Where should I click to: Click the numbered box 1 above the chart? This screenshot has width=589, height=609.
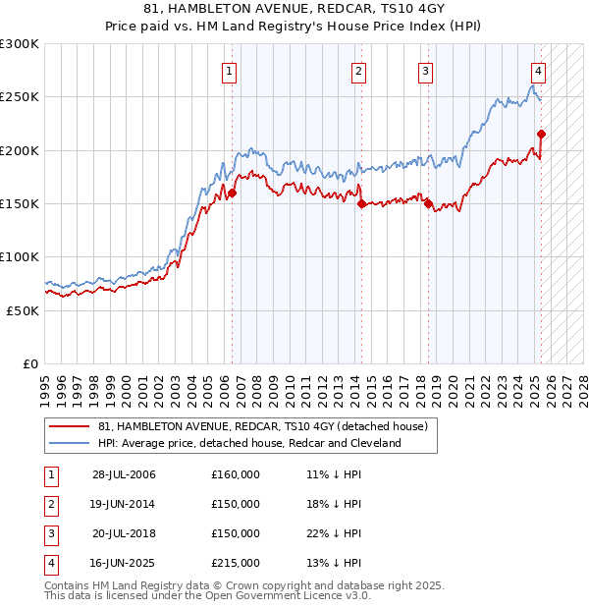click(229, 71)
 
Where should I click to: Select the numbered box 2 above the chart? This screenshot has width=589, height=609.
click(359, 71)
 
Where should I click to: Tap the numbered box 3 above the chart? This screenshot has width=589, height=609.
click(425, 71)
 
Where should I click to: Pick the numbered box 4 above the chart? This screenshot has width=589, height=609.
click(539, 71)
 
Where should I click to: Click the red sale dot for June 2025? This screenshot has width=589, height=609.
click(541, 135)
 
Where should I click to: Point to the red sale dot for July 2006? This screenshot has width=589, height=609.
click(233, 194)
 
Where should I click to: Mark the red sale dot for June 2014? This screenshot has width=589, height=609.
click(362, 204)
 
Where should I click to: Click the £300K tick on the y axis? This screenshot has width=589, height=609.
click(20, 44)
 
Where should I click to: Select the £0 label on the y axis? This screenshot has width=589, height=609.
click(30, 363)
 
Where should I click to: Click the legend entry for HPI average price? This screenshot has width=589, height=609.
click(249, 443)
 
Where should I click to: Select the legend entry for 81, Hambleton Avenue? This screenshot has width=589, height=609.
click(262, 427)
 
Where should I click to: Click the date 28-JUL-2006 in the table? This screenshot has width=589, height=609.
click(124, 474)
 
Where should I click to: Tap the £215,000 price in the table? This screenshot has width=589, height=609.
click(236, 563)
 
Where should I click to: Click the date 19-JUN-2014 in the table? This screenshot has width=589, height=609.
click(124, 504)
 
